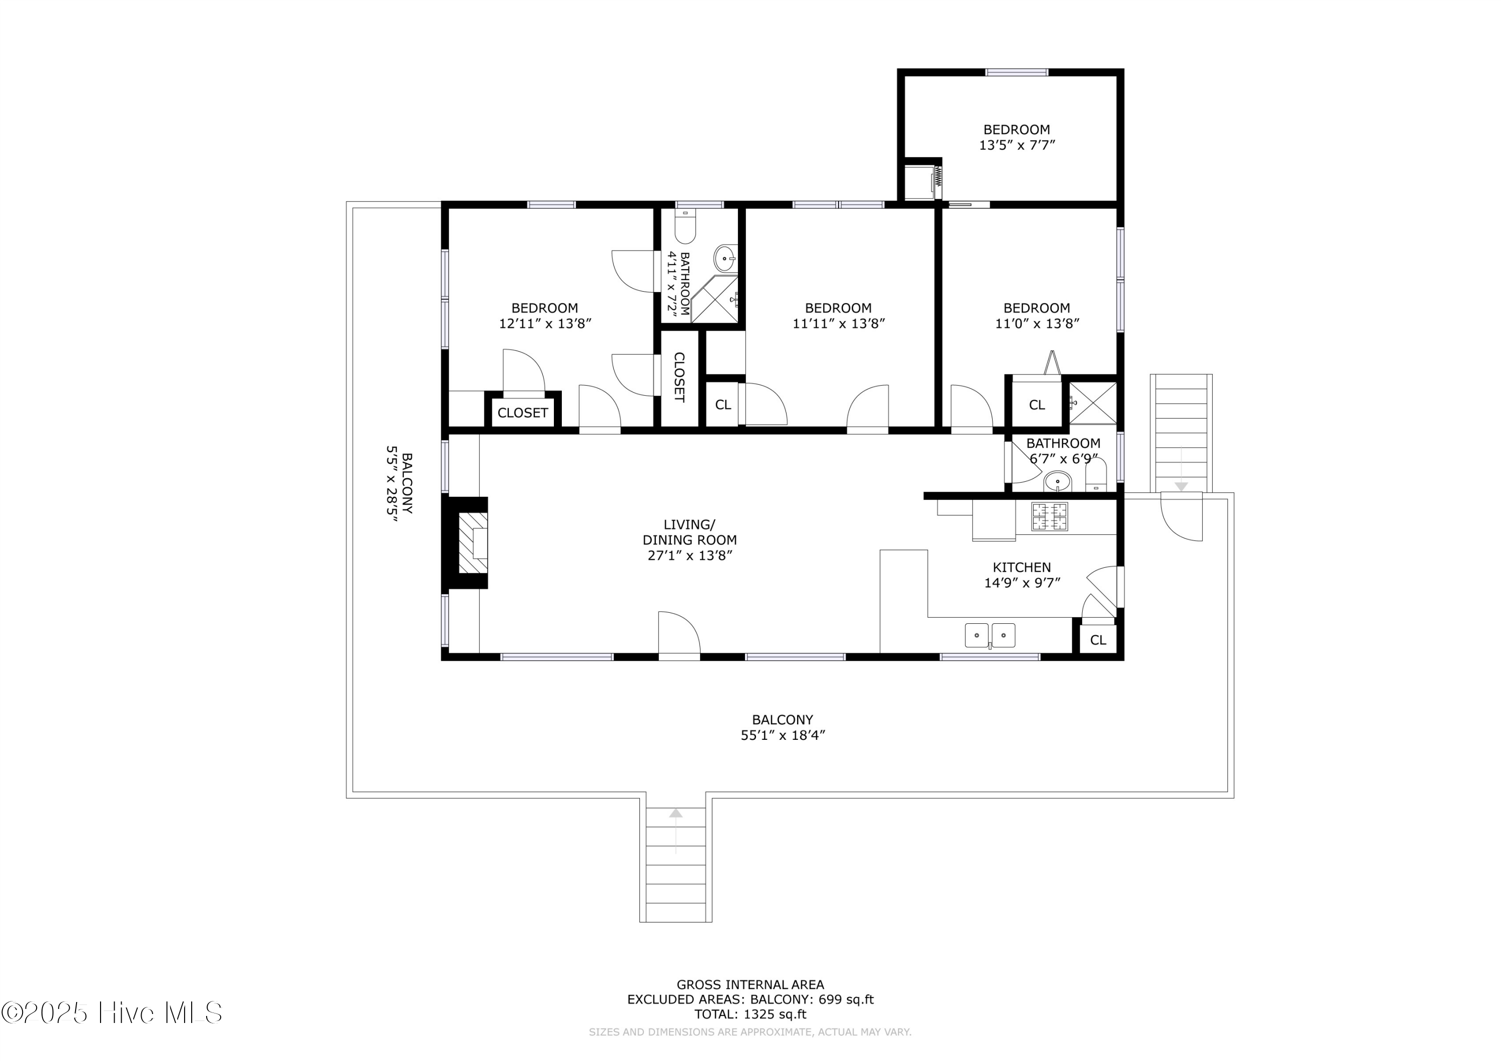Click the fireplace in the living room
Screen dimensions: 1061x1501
pos(472,543)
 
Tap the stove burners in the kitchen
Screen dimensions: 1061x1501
pos(1049,516)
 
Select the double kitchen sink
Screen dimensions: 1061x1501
pos(990,635)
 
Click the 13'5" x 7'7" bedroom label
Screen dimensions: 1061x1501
pos(1017,137)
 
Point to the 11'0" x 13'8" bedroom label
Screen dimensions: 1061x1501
pos(1036,315)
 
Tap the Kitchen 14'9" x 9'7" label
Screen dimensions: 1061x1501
pos(1021,575)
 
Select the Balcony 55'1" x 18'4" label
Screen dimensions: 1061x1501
pos(782,727)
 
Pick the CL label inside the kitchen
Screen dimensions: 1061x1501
pos(1098,640)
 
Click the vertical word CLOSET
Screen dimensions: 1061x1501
pos(679,377)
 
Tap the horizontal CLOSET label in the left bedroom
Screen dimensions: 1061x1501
pos(522,413)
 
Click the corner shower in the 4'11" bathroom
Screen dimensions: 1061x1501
pos(715,300)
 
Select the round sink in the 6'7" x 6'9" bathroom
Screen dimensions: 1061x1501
pos(1057,482)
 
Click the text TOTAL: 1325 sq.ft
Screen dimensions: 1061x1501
pos(750,1014)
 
